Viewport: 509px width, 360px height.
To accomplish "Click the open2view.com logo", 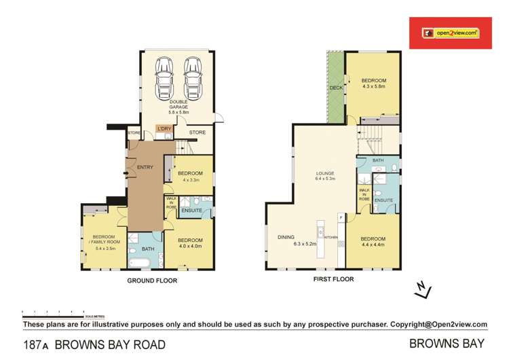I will [x=450, y=33].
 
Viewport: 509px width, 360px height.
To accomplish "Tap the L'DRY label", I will [x=163, y=128].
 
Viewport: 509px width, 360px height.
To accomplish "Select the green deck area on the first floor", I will [x=335, y=88].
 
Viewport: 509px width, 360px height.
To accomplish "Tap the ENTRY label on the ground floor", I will [x=145, y=167].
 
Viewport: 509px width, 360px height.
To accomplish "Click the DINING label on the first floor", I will [x=286, y=238].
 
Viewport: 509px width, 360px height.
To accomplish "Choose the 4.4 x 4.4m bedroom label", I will [x=373, y=242].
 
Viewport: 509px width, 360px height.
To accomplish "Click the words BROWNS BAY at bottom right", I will [x=447, y=344].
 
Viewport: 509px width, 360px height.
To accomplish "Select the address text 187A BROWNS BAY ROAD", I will [x=94, y=344].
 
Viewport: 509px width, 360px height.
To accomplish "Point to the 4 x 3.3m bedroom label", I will [x=191, y=177].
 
